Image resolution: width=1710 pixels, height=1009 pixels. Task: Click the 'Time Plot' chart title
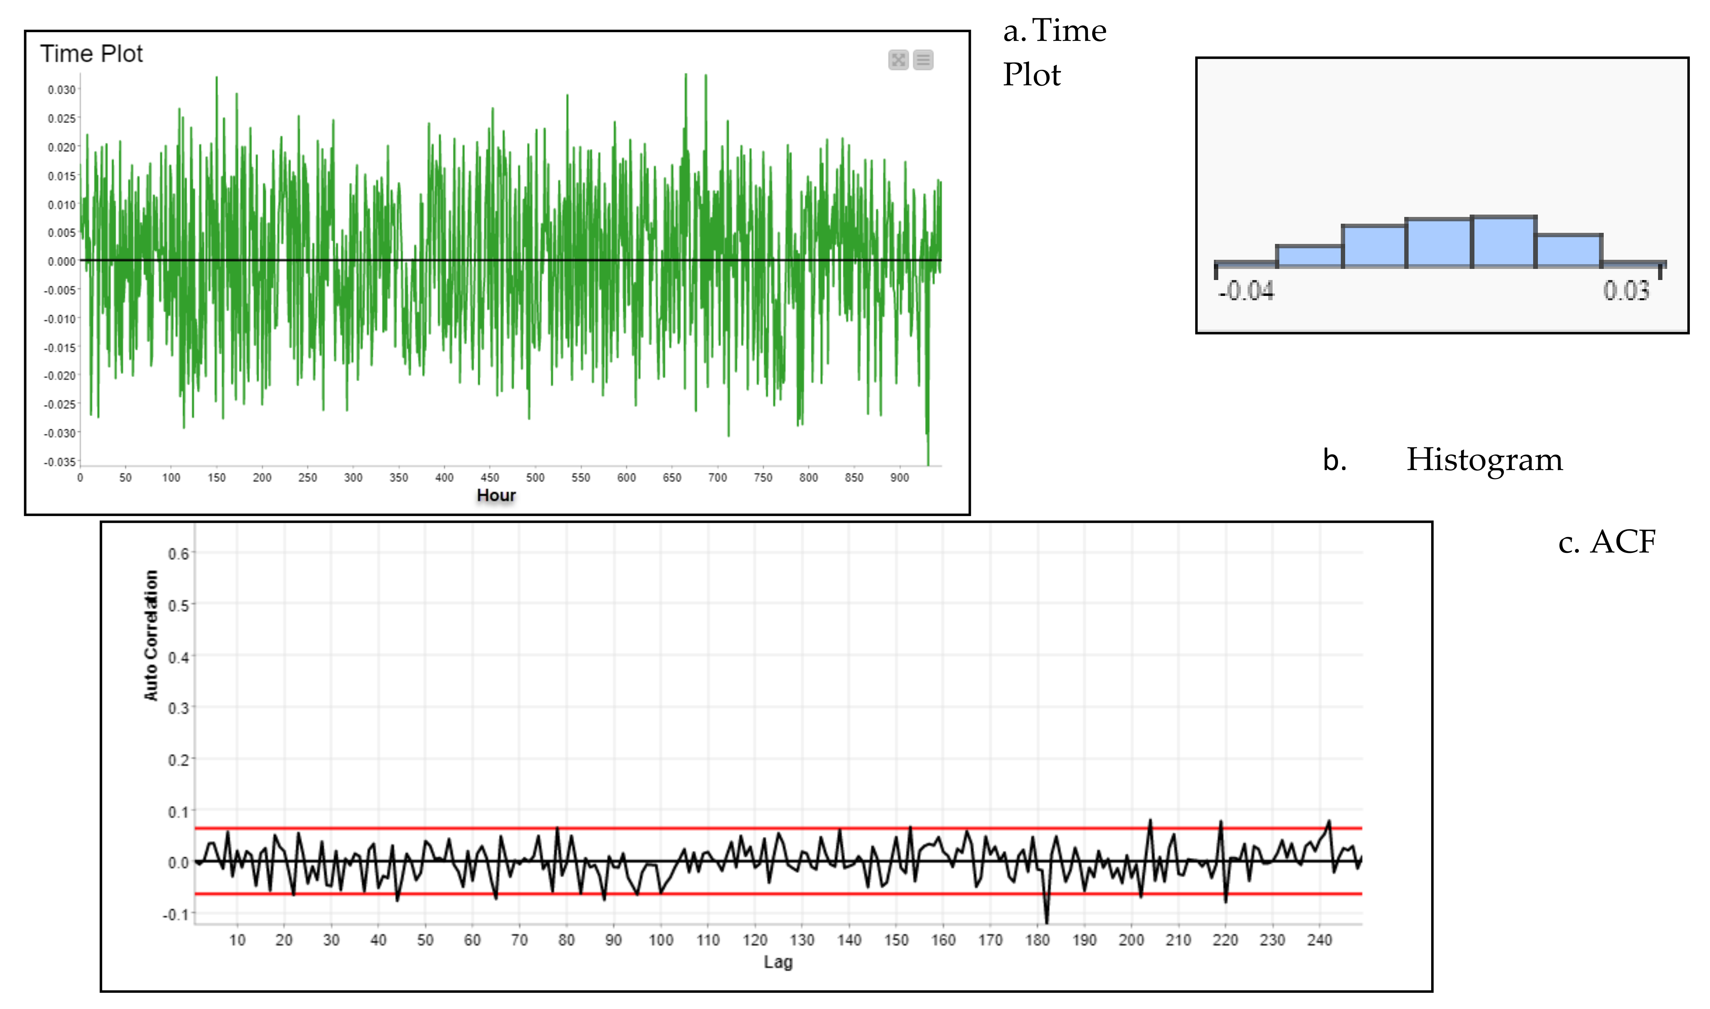click(91, 54)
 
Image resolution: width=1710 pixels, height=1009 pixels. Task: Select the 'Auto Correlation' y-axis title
click(151, 636)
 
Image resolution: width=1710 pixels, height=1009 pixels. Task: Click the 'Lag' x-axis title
click(778, 962)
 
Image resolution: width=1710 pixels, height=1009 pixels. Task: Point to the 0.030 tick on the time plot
click(61, 90)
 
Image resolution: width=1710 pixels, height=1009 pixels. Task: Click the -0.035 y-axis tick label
click(60, 462)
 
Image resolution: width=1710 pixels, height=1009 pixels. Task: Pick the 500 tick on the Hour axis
click(535, 478)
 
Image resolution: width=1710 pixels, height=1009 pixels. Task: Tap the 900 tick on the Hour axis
click(899, 478)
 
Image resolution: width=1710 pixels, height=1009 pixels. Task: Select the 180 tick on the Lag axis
click(1037, 940)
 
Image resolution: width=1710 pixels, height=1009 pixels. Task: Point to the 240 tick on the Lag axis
click(1319, 940)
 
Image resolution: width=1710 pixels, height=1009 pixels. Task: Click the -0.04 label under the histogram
click(1246, 291)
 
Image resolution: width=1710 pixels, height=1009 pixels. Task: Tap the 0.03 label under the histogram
click(1626, 291)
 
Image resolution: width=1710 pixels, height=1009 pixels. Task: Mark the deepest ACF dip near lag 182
click(1047, 922)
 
